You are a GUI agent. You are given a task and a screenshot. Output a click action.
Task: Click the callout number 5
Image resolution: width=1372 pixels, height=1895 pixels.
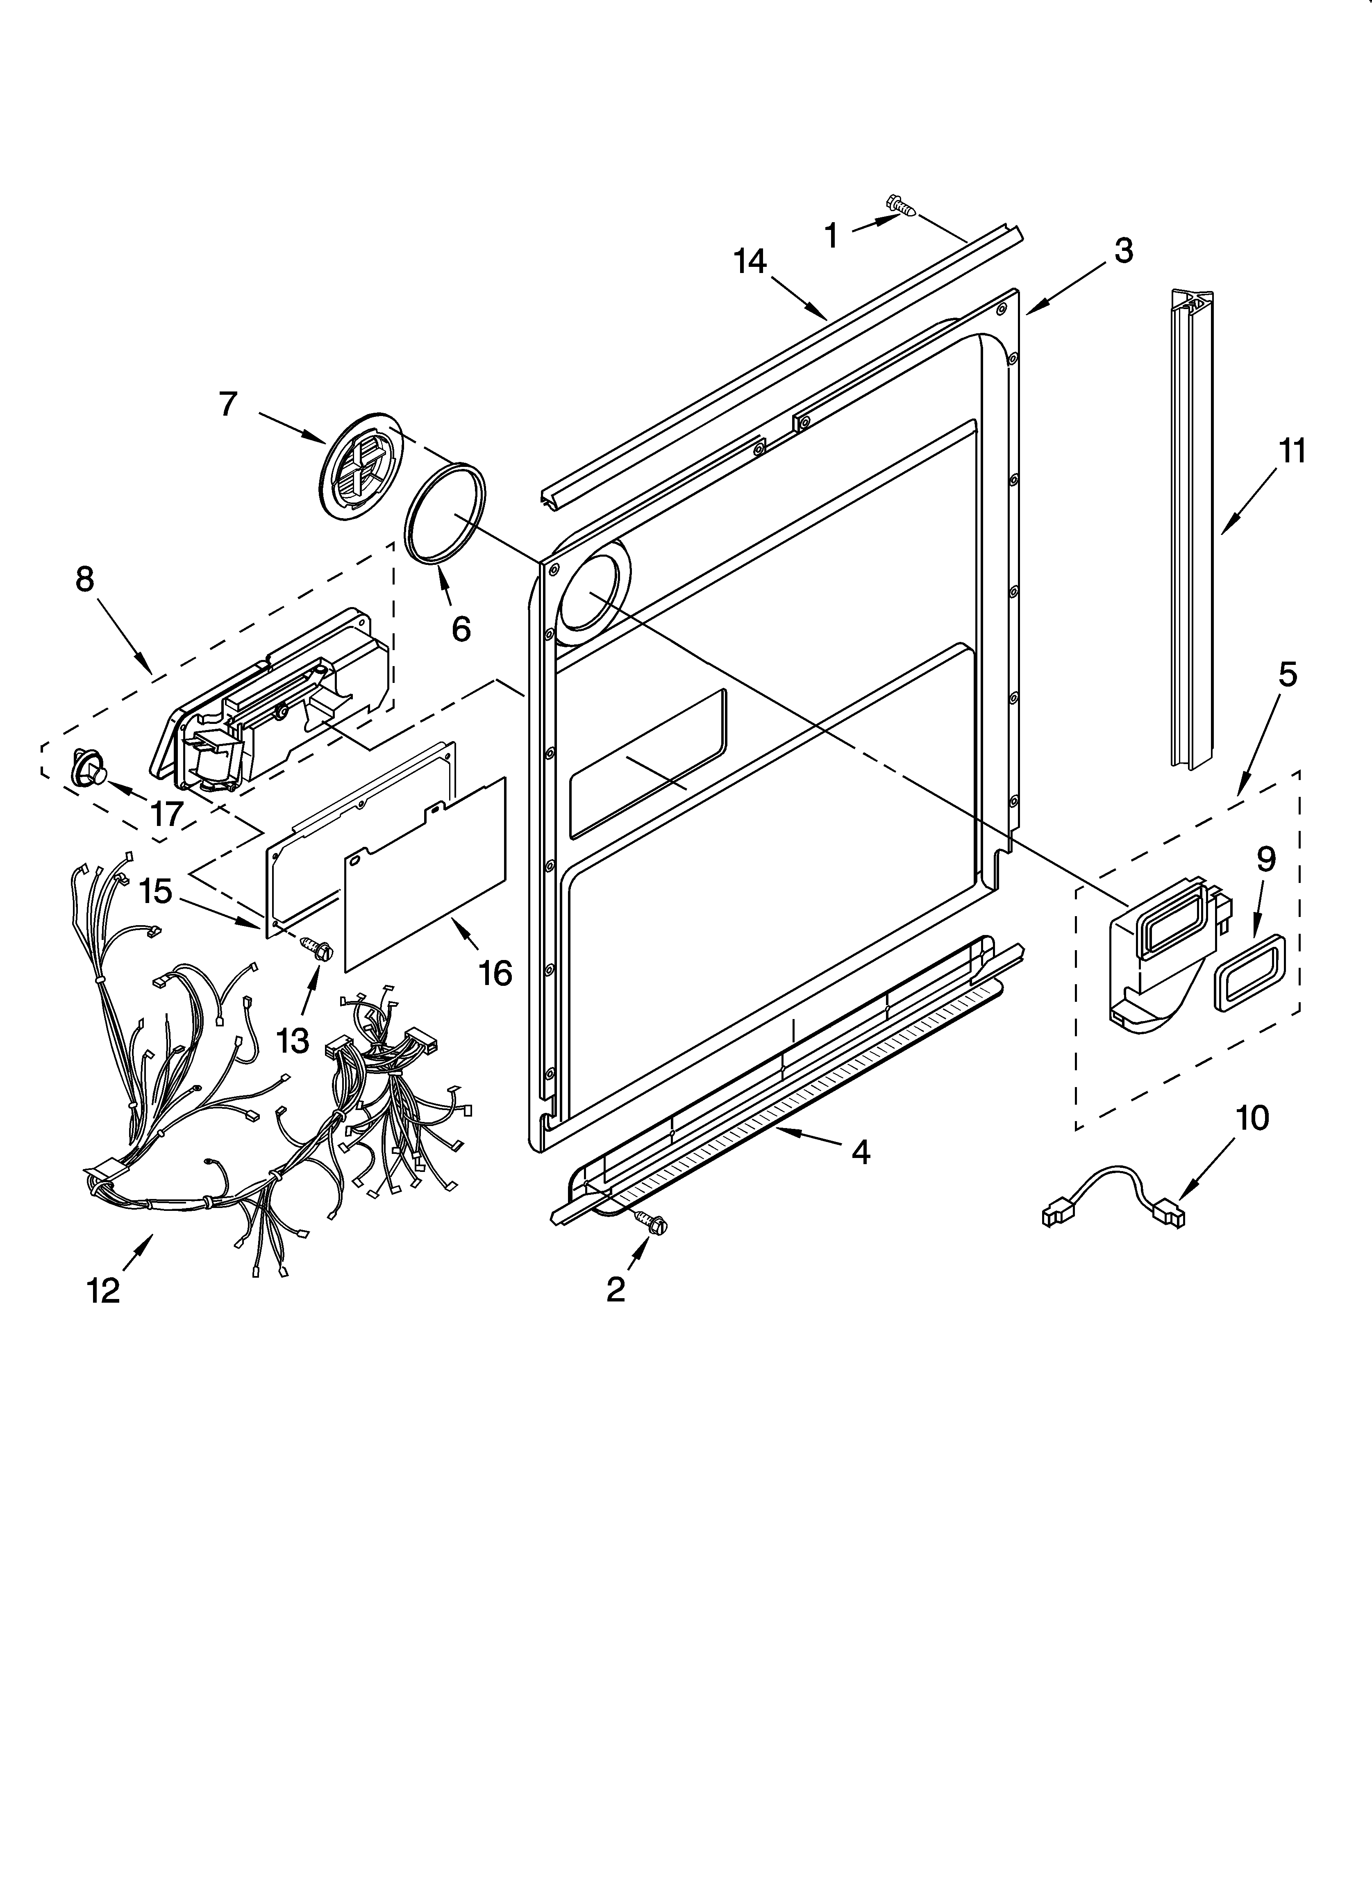(1288, 674)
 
